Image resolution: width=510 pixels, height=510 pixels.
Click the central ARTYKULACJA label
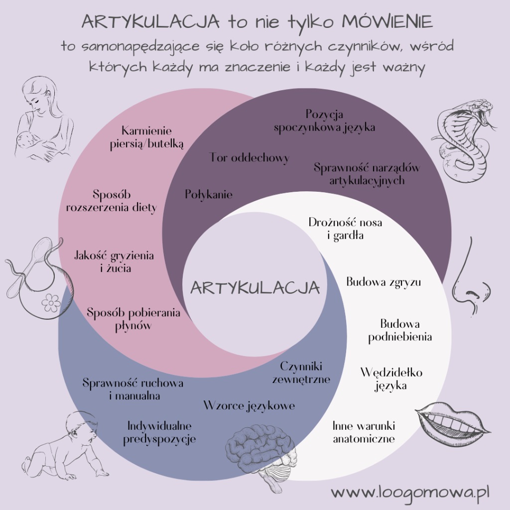point(255,288)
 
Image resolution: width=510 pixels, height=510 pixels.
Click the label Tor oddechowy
point(250,158)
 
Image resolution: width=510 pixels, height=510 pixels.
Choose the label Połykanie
point(209,194)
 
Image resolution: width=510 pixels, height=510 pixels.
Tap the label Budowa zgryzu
point(383,282)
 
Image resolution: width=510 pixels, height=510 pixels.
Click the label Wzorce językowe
point(249,405)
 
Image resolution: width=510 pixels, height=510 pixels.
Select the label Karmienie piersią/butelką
point(146,137)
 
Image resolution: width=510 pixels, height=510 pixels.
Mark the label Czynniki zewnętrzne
point(301,373)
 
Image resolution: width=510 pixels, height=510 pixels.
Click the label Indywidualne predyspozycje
point(159,432)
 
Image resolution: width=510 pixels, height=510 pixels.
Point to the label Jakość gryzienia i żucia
point(114,261)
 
